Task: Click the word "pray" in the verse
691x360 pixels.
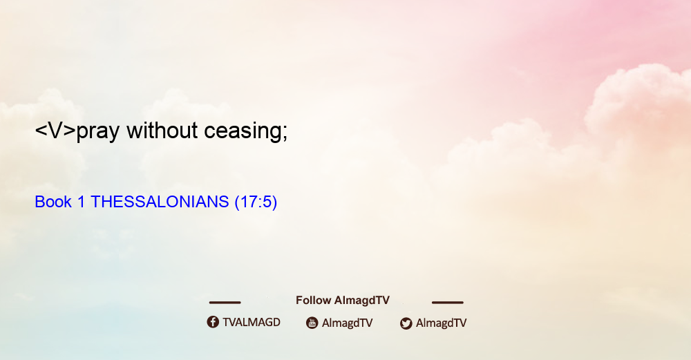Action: pos(98,131)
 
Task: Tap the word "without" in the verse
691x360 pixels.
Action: pos(162,130)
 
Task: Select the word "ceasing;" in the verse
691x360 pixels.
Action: pos(246,131)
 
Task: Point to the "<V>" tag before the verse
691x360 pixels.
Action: pos(55,131)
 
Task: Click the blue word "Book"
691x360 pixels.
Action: pos(53,202)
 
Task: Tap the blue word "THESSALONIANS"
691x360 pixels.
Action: pos(160,202)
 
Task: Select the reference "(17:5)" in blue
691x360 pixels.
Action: pos(256,202)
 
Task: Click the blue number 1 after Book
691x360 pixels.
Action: pos(81,202)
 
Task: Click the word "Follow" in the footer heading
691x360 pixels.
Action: pos(313,300)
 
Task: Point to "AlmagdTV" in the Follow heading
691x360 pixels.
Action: pos(362,300)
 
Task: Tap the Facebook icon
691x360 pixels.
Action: pos(213,322)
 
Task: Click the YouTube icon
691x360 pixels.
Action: pos(312,323)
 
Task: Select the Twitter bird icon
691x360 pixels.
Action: pos(406,323)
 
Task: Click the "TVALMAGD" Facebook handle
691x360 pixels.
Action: pos(252,322)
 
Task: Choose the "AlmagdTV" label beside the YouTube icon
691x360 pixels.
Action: pos(348,323)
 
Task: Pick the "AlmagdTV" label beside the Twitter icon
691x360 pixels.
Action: pos(441,323)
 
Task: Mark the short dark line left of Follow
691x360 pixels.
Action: pos(225,303)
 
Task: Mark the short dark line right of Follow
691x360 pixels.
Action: pos(448,303)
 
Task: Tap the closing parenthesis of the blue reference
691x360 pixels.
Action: pos(274,202)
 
